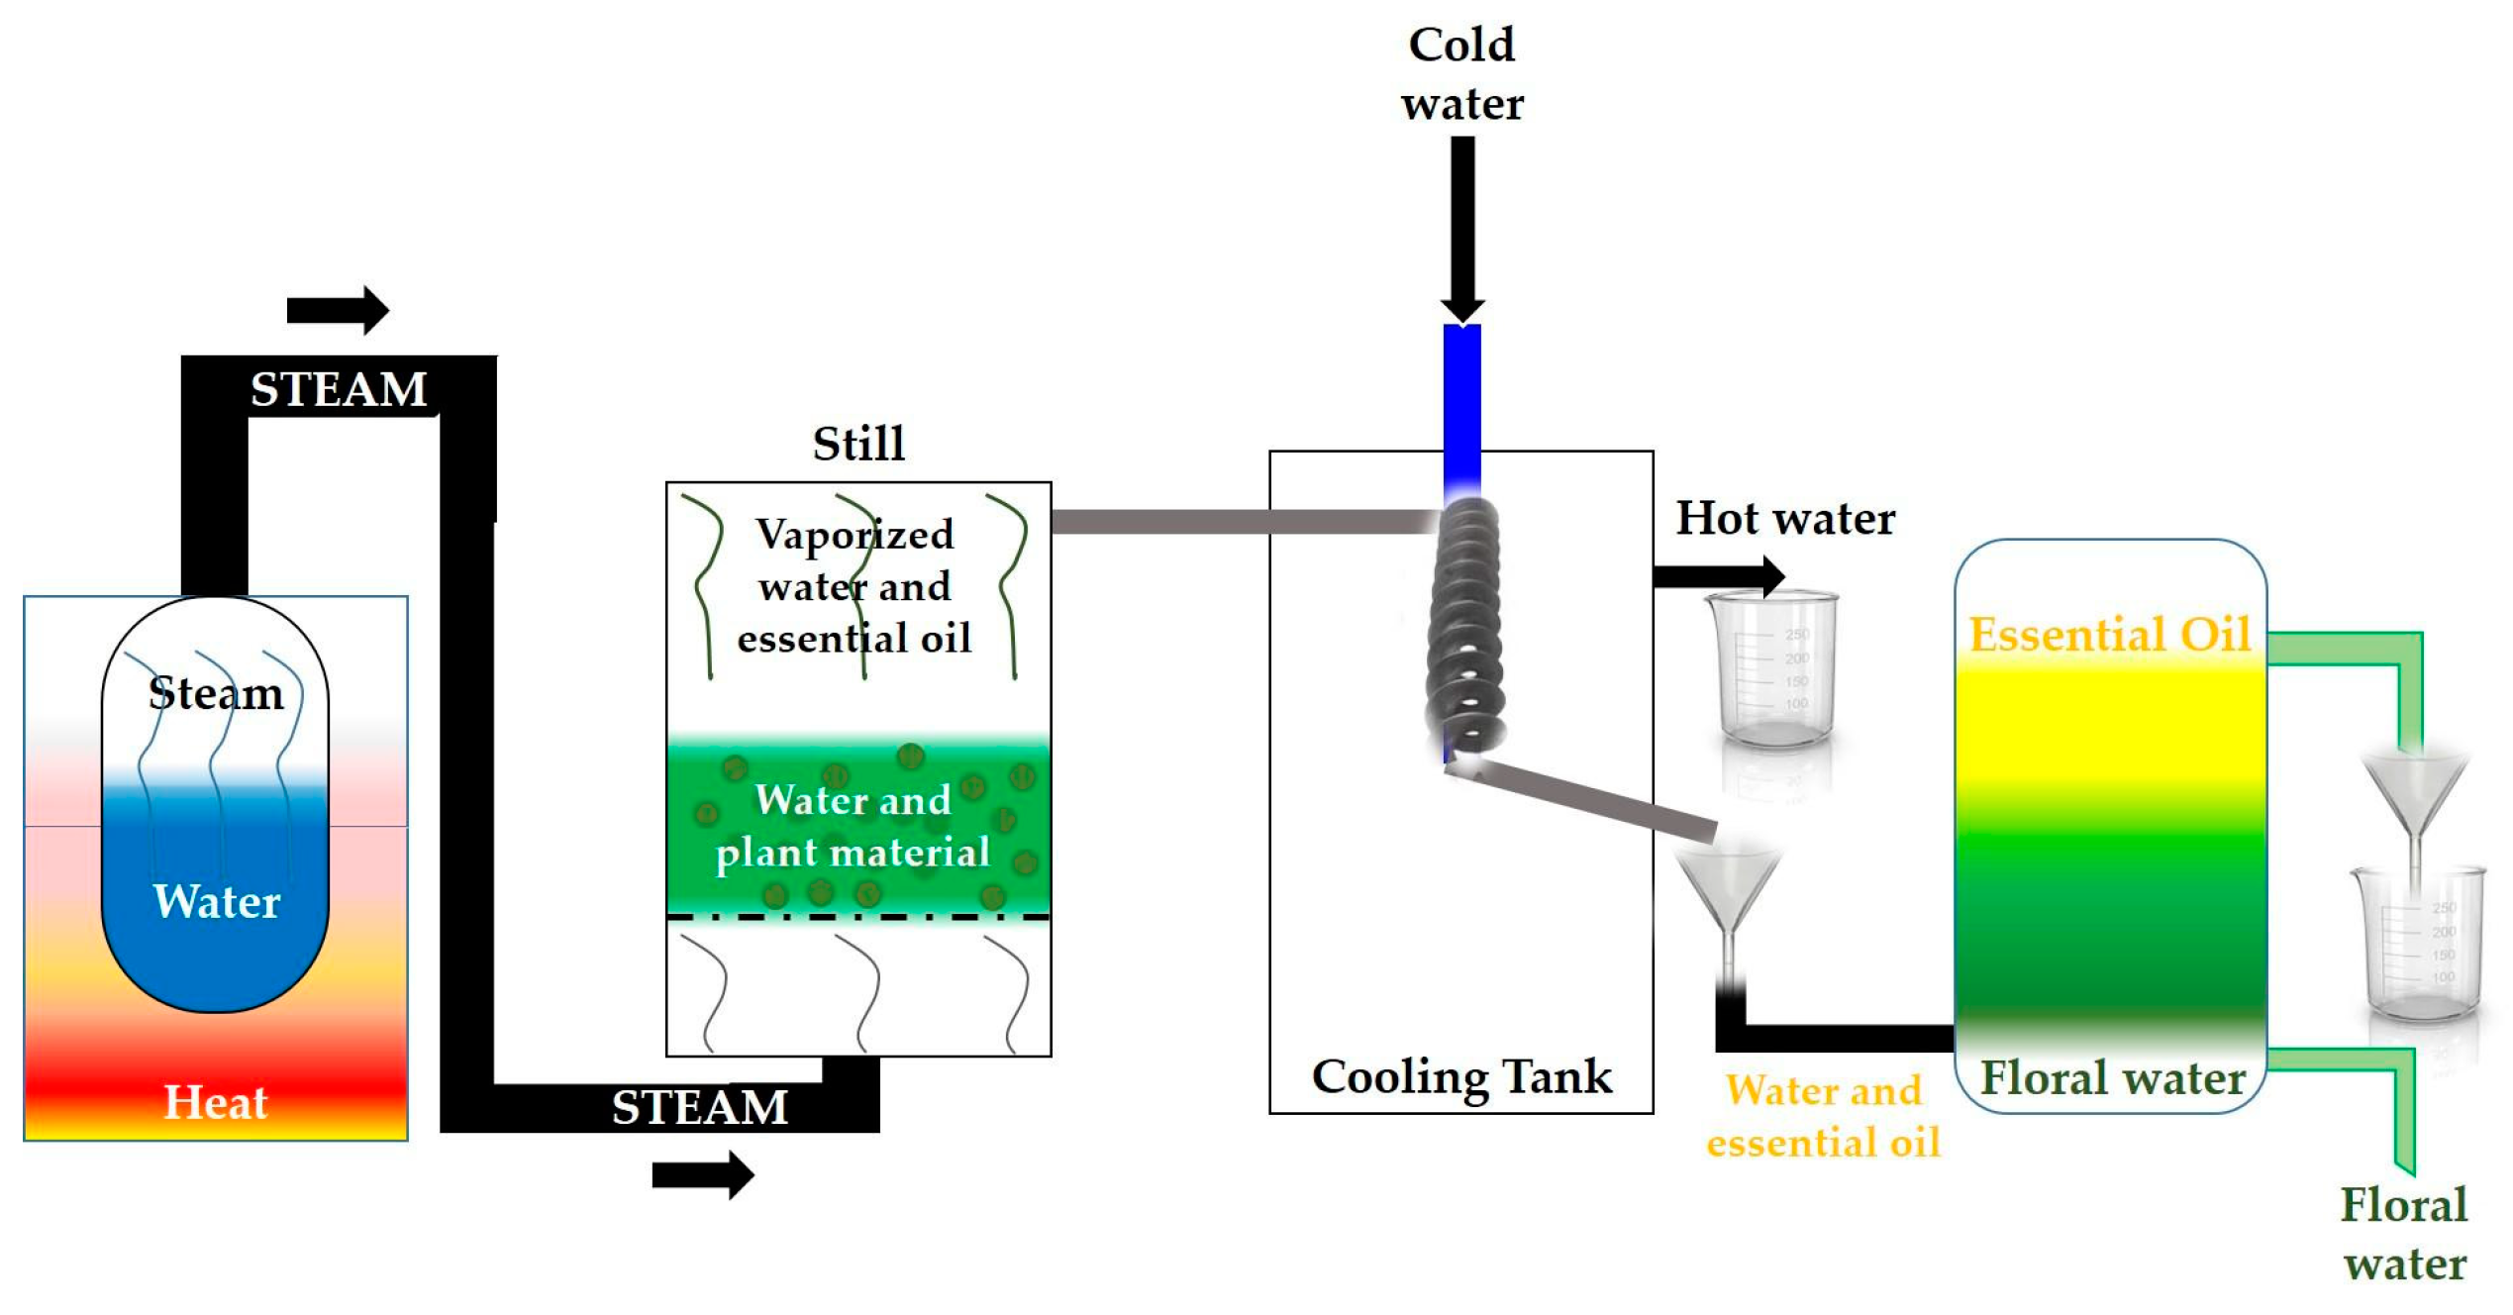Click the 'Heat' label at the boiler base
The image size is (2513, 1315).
215,1102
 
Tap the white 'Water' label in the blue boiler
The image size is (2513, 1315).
217,901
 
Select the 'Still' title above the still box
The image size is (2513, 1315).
858,443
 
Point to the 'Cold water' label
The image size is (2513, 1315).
1461,74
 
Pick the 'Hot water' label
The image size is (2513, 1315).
1784,518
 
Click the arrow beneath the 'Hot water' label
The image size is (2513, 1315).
1719,576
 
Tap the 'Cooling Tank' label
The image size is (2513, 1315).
1461,1076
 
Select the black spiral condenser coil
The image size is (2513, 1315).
1466,629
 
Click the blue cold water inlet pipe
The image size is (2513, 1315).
1461,406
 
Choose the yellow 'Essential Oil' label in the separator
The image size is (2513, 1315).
2109,635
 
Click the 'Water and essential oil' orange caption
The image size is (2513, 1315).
1823,1116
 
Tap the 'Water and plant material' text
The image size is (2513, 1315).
853,826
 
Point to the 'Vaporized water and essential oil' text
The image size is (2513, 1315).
854,586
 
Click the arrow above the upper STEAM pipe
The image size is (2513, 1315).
338,311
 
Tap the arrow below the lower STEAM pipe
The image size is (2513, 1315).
703,1175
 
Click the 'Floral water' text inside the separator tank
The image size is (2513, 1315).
2112,1077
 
